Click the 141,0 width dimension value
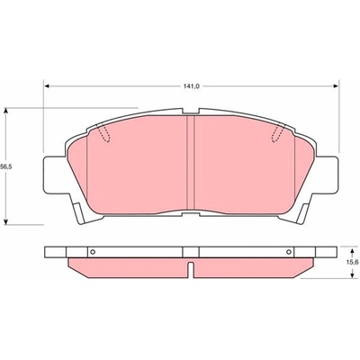coord(192,86)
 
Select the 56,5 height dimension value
coord(5,167)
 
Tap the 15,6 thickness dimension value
coord(354,262)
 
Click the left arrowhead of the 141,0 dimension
coord(47,86)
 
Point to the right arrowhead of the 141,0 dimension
coord(336,86)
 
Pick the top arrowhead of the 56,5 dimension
coord(5,111)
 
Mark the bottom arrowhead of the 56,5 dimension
coord(5,221)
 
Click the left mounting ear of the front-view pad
coord(55,175)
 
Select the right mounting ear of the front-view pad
coord(328,175)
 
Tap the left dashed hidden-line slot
coord(103,133)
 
